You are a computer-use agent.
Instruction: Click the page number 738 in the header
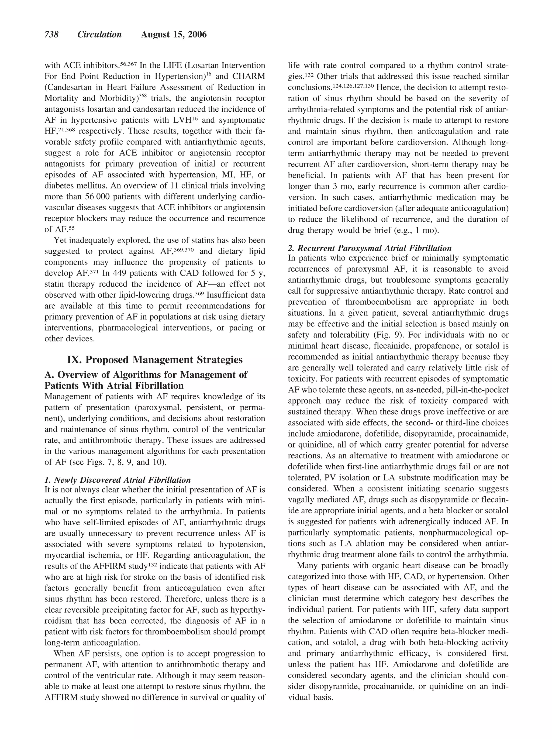(51, 35)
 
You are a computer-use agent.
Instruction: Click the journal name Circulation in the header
(99, 35)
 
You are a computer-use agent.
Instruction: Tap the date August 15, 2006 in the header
(174, 35)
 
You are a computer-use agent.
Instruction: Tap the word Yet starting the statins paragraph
(60, 240)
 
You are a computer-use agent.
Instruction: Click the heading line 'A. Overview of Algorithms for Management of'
(146, 374)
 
